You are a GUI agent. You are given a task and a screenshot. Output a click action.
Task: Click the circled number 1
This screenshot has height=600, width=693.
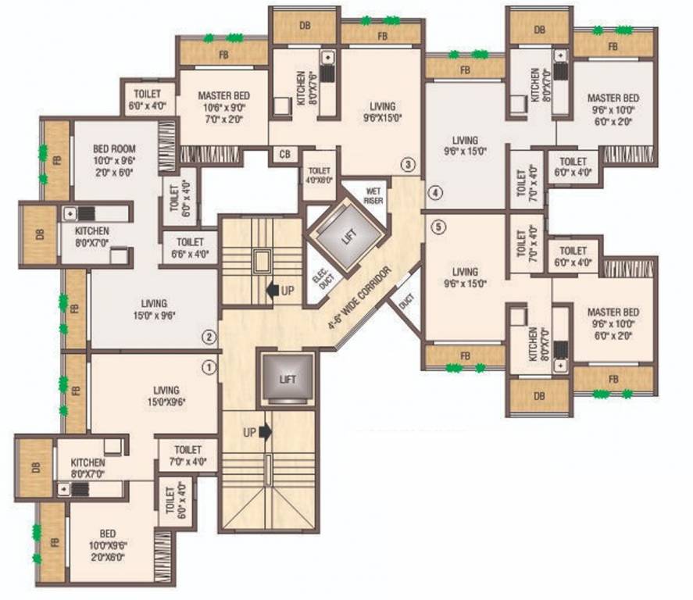209,366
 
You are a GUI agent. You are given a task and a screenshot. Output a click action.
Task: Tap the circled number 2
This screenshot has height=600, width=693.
209,337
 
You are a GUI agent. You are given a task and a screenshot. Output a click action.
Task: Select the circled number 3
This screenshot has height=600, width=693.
407,165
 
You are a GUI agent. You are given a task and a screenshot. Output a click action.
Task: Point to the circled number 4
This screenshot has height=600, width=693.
435,192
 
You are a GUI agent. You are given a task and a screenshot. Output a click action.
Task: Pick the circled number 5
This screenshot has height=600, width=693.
439,227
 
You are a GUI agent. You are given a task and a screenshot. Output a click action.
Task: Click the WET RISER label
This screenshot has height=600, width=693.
361,193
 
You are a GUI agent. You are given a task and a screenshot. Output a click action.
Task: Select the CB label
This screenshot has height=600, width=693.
283,155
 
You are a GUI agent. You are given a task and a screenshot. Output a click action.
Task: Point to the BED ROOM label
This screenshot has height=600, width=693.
114,148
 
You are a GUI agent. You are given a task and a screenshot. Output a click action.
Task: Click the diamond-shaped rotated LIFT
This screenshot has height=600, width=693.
346,234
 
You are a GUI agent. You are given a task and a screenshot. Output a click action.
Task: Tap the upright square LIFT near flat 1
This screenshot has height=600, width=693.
288,378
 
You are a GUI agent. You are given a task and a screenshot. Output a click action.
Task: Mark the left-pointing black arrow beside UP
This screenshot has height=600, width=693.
273,291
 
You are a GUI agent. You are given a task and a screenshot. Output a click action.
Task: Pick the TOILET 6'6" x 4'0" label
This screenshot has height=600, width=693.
191,248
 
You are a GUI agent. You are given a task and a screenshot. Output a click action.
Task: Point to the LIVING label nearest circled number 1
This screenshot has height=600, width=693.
166,396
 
